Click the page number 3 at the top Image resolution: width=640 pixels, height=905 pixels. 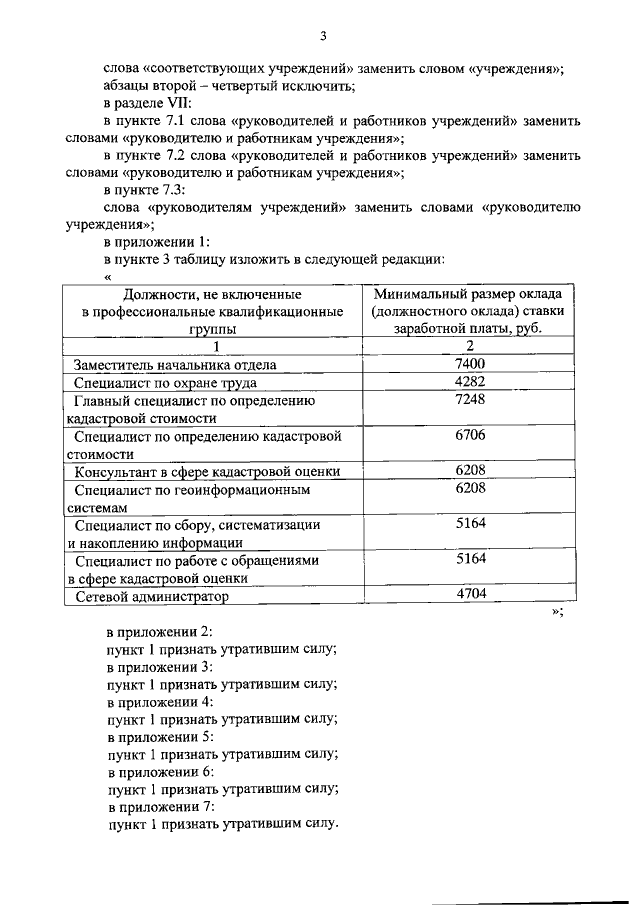click(x=323, y=37)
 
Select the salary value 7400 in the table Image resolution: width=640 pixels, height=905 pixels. click(x=469, y=364)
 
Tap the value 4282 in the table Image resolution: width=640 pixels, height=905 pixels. click(x=469, y=382)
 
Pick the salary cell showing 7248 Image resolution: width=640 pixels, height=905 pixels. click(x=469, y=400)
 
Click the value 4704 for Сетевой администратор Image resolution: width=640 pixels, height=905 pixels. click(x=469, y=595)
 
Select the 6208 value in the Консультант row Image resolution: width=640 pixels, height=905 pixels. click(x=469, y=470)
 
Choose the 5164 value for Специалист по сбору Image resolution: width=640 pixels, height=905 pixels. click(x=469, y=523)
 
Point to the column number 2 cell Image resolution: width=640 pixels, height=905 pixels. click(x=469, y=346)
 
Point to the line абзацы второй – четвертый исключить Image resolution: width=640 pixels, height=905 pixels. click(x=221, y=85)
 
